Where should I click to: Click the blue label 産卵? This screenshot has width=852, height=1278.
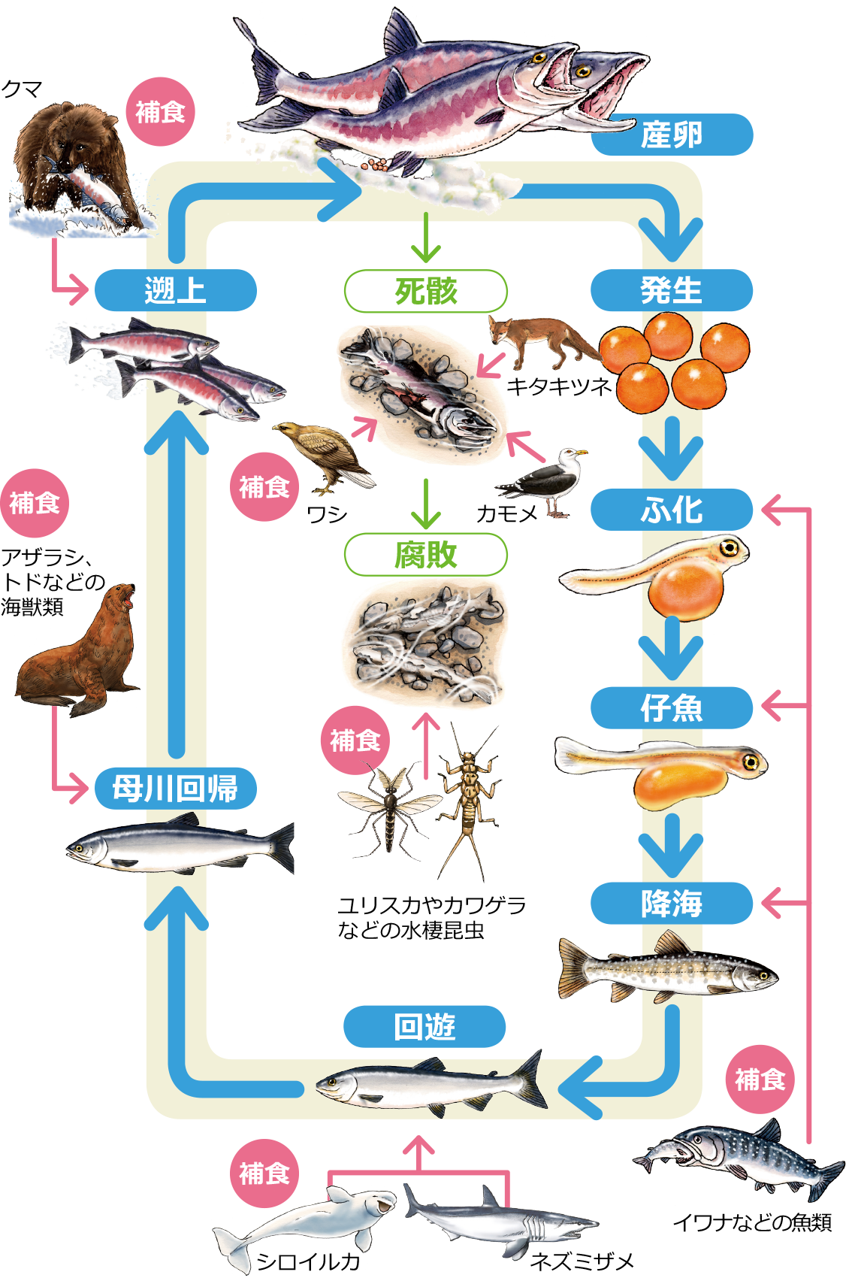coord(672,135)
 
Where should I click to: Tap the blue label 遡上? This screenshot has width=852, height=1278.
coord(175,290)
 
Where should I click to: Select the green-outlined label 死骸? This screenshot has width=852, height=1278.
coord(425,291)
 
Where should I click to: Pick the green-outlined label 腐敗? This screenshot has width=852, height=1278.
coord(425,555)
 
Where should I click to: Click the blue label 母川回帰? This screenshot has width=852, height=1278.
coord(175,789)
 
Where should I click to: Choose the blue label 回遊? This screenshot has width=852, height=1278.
coord(424,1026)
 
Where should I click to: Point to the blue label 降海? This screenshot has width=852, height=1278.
coord(671,903)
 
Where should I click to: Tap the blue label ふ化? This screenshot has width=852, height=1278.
coord(671,510)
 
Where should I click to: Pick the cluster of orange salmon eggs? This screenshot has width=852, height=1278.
coord(672,361)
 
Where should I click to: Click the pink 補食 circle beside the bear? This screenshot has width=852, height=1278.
coord(160,112)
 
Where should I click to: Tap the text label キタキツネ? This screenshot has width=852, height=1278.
coord(559,386)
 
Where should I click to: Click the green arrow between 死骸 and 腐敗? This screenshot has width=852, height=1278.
coord(426,504)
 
